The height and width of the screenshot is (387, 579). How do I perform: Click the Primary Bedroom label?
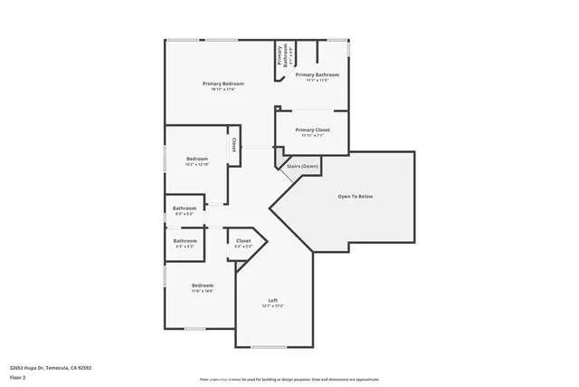[223, 83]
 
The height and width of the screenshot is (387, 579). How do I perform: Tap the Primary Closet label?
[312, 130]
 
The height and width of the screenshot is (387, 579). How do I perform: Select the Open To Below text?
[356, 197]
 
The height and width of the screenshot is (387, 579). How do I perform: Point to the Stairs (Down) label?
[302, 167]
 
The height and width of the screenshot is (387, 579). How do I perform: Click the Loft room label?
[272, 300]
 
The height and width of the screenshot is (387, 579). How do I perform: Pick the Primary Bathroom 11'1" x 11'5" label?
[317, 74]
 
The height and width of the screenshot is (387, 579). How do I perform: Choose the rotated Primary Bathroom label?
[281, 57]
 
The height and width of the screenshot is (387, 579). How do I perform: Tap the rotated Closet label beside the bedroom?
[233, 144]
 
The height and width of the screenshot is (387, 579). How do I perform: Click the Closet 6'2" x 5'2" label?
[243, 241]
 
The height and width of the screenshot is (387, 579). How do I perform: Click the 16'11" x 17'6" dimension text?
[223, 89]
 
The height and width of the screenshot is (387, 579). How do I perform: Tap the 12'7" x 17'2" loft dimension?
[272, 306]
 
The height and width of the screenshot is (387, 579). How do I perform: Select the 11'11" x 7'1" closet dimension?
[312, 136]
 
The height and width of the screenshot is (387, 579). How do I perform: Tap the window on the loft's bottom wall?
[268, 347]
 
